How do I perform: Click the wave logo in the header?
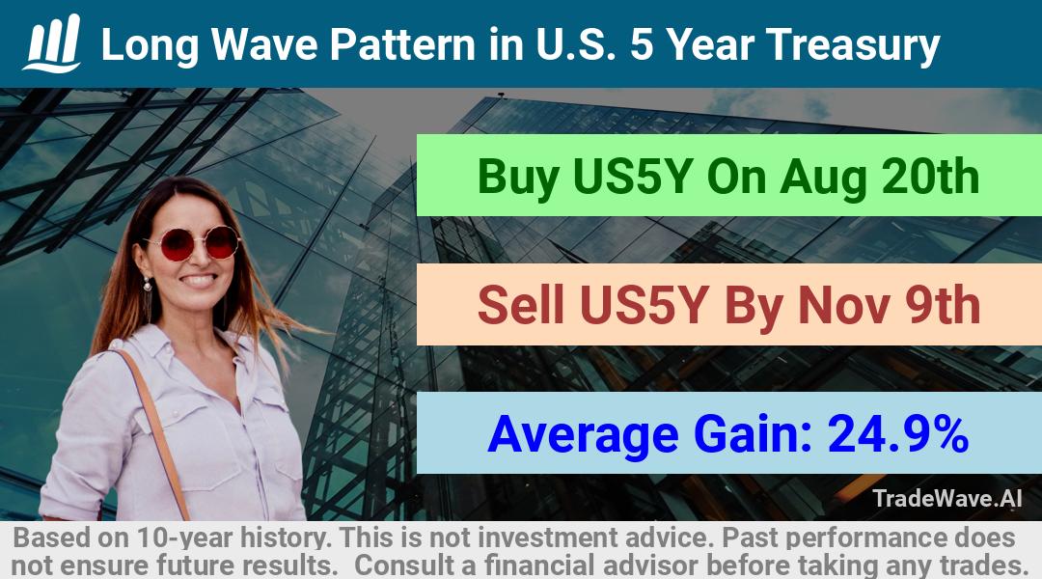52,43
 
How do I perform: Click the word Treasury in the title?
853,46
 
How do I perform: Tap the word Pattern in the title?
402,44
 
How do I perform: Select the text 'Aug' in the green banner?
823,178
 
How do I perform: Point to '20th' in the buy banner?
930,177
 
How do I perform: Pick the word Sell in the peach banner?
520,305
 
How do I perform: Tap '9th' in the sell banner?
943,305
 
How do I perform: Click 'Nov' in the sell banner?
843,306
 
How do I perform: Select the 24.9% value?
897,433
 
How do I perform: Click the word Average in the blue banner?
583,435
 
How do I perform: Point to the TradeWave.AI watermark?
947,498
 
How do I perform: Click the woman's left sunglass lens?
177,245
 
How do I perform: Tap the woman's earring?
147,286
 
